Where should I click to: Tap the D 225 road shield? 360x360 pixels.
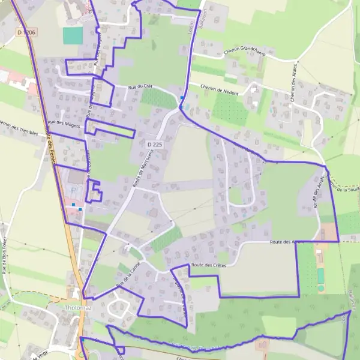click(x=154, y=145)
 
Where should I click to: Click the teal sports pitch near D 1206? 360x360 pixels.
click(x=73, y=35)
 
